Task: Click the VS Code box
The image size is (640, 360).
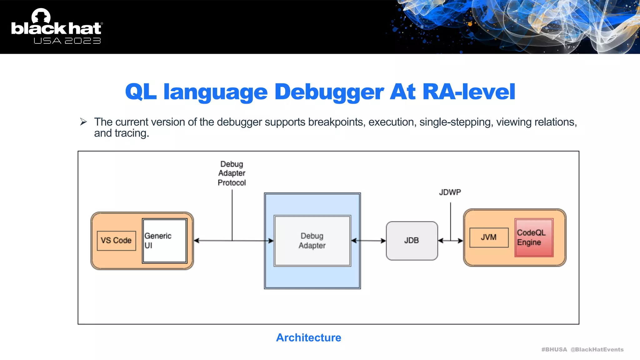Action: [116, 241]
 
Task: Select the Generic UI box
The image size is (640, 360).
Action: [165, 241]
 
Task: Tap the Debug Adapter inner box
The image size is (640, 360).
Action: [312, 241]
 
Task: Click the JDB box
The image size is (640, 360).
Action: [412, 241]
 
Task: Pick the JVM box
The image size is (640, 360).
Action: [489, 237]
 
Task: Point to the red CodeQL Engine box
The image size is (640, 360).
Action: [534, 237]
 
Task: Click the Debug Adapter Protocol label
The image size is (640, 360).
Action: [232, 173]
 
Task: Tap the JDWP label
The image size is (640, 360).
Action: [450, 192]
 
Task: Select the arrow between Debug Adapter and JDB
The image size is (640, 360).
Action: [368, 241]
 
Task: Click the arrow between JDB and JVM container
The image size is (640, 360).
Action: [450, 241]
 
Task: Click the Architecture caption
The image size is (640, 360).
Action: [308, 337]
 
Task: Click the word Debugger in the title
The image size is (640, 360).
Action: [329, 92]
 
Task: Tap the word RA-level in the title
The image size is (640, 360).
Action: [468, 92]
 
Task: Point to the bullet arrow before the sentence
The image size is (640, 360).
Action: [83, 122]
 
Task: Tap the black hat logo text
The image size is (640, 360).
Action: [56, 28]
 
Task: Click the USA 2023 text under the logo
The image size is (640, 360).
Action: [67, 41]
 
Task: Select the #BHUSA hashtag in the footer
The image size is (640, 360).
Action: [554, 349]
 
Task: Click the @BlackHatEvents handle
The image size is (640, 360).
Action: [597, 349]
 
